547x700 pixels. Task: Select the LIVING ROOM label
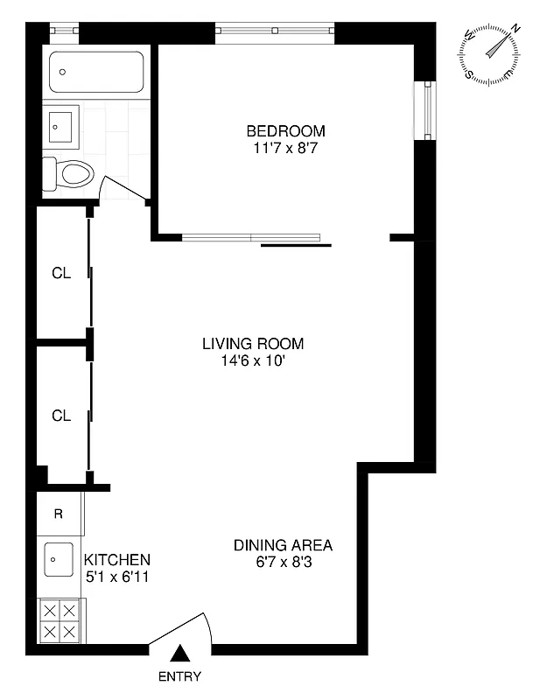click(x=253, y=343)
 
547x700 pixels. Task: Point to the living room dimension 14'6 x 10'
click(x=253, y=360)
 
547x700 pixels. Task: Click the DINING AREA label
click(x=283, y=545)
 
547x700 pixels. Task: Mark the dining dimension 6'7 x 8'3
click(x=283, y=563)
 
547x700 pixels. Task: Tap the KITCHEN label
click(x=116, y=560)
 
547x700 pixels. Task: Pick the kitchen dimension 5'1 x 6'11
click(x=116, y=577)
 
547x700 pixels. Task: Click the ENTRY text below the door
click(x=179, y=676)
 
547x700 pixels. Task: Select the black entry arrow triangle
click(x=179, y=653)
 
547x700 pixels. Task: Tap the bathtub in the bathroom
click(x=96, y=72)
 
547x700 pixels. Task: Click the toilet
click(x=68, y=174)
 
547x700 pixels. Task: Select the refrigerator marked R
click(x=59, y=514)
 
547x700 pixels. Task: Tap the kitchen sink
click(x=59, y=557)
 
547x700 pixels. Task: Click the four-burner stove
click(x=59, y=620)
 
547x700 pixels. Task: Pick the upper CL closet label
click(x=60, y=273)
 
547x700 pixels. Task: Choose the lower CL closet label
click(x=60, y=416)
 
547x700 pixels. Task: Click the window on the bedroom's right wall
click(x=425, y=110)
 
